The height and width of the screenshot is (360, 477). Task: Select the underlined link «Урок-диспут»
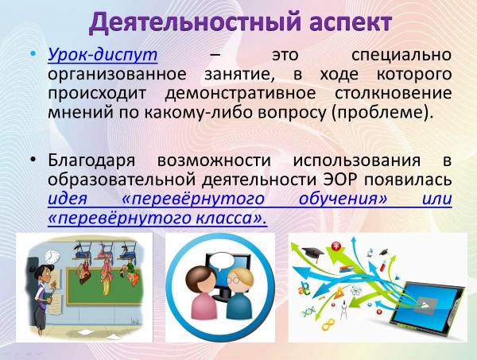(103, 56)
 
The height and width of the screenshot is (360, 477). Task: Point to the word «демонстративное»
(240, 93)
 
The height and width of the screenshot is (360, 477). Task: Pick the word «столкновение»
(394, 93)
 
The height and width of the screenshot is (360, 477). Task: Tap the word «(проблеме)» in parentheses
(382, 113)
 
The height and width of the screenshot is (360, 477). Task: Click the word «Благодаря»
(91, 161)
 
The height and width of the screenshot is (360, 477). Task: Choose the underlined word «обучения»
(343, 199)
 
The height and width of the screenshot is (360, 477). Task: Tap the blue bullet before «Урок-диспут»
(33, 55)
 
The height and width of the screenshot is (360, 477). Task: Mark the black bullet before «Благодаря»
(33, 161)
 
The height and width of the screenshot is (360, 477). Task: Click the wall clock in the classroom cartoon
(52, 257)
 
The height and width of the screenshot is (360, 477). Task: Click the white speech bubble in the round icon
(223, 261)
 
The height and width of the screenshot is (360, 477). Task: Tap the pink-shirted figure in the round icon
(200, 292)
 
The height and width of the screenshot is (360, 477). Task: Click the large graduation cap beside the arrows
(313, 253)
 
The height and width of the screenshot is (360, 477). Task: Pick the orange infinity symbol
(328, 325)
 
